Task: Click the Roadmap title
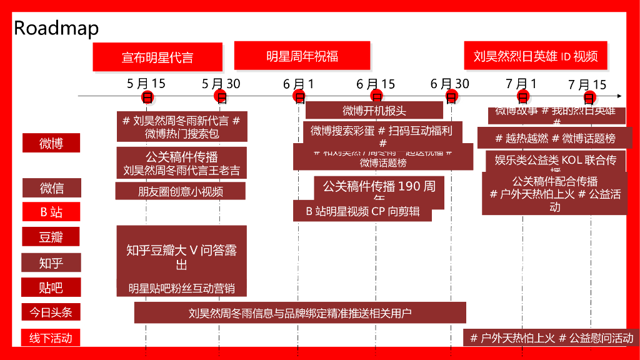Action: (56, 28)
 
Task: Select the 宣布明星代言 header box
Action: (157, 57)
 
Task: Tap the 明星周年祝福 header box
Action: (302, 56)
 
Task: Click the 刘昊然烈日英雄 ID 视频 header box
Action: (536, 56)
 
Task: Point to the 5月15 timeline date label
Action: (146, 83)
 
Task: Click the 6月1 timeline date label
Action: (299, 84)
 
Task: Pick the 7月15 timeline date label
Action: (587, 84)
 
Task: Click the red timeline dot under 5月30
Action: (220, 96)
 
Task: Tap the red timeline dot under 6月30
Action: (451, 96)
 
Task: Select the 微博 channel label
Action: (52, 143)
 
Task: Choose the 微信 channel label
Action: (52, 187)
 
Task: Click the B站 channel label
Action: (52, 212)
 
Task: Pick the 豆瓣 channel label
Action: (52, 237)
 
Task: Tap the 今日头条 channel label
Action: (52, 311)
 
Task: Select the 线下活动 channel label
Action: (52, 338)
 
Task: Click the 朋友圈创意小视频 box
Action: (181, 191)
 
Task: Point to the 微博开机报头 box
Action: (374, 111)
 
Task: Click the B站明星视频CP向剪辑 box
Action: (362, 211)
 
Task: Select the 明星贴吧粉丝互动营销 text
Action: (181, 288)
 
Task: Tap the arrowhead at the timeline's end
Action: (619, 96)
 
